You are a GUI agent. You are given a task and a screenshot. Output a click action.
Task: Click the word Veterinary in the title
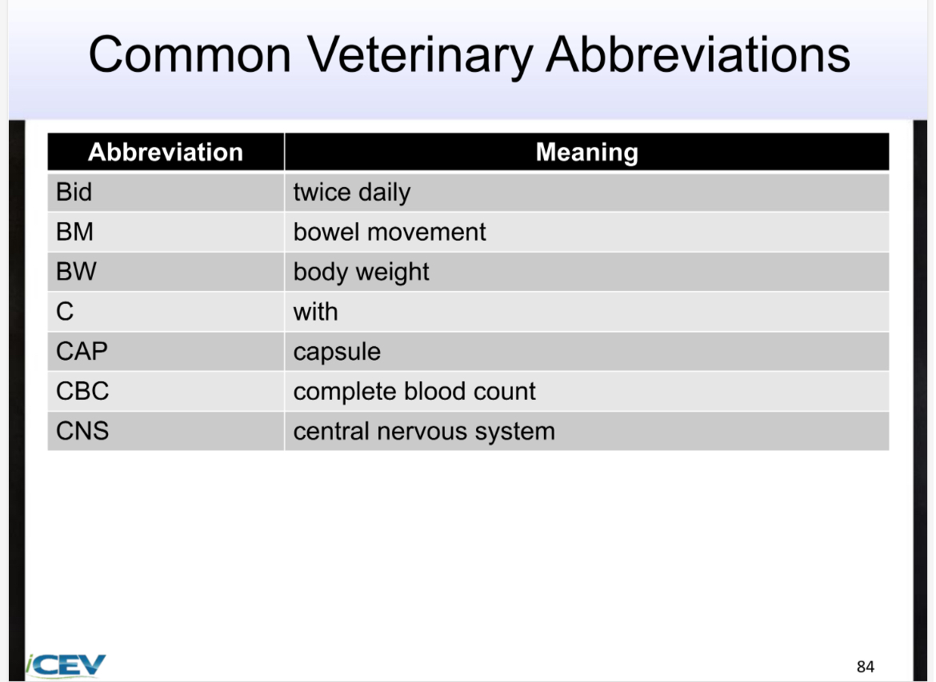tap(421, 56)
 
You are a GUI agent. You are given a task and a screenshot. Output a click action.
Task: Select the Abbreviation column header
tap(166, 152)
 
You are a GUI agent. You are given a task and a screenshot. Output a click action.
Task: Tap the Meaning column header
tap(586, 152)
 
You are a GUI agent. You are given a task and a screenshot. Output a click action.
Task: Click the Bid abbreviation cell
tap(74, 192)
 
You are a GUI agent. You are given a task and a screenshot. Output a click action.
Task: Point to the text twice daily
tap(351, 193)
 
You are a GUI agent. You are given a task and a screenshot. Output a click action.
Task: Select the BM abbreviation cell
tap(75, 232)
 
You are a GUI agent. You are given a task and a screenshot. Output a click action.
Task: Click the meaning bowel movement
tap(390, 232)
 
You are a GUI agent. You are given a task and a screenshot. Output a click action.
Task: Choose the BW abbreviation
tap(76, 272)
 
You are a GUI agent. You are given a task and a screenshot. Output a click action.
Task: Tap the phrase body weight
tap(361, 273)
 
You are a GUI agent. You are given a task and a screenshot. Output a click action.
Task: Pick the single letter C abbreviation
tap(65, 312)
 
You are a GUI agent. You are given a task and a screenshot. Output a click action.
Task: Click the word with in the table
tap(315, 312)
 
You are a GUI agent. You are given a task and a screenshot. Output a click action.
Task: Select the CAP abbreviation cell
tap(82, 352)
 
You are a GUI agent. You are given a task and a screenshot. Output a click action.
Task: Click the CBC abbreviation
tap(82, 392)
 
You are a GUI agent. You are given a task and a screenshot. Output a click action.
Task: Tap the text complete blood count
tap(414, 392)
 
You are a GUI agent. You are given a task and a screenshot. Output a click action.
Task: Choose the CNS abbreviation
tap(82, 432)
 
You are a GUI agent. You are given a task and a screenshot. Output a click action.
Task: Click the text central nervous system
tap(424, 432)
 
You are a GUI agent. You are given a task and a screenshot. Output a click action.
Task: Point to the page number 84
tap(865, 667)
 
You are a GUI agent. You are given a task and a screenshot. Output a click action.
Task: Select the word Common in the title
tap(190, 56)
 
